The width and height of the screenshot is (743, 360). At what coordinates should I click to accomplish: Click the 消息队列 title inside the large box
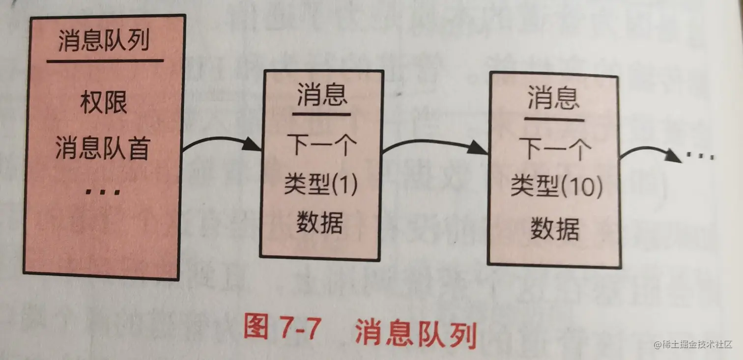[104, 42]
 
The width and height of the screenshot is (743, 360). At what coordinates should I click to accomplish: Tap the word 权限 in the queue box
[104, 103]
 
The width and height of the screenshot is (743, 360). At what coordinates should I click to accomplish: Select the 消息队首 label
[102, 148]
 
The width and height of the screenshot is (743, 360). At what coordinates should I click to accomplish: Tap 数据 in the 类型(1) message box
[320, 223]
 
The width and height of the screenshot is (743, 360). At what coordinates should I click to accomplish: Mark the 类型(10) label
[556, 188]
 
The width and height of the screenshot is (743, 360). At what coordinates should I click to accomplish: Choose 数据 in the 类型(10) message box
[555, 229]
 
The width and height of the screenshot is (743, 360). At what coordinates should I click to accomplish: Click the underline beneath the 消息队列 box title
[105, 61]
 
